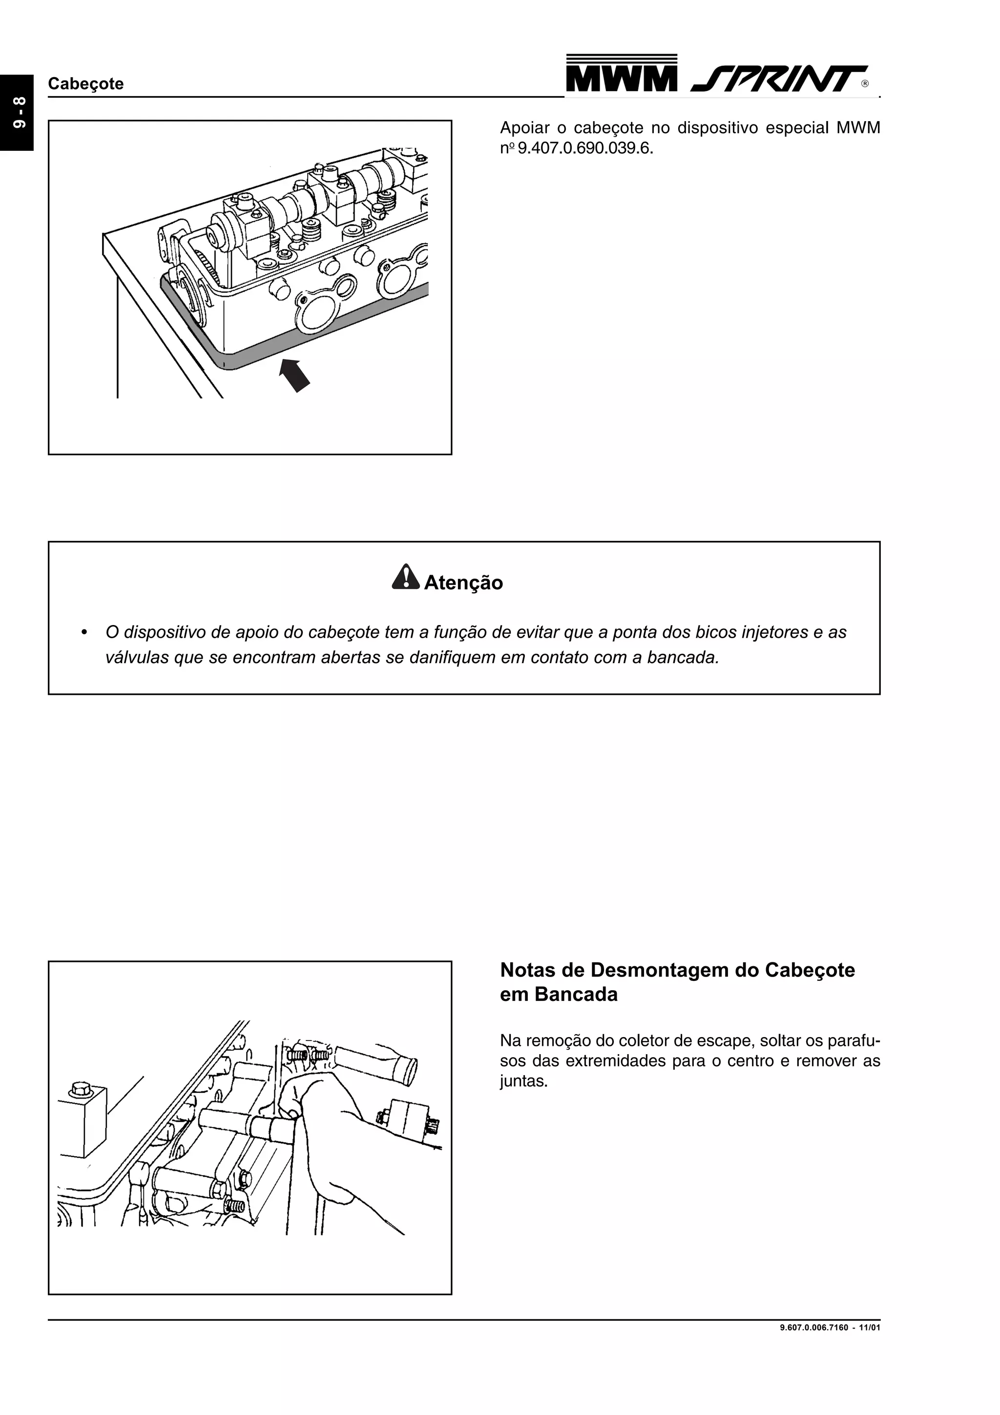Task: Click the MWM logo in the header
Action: click(x=621, y=75)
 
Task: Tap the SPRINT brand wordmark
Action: click(x=777, y=79)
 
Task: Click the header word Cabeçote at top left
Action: click(x=85, y=84)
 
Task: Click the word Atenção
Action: click(x=463, y=583)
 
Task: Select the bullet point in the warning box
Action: click(x=84, y=633)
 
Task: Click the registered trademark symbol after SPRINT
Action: click(x=865, y=84)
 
